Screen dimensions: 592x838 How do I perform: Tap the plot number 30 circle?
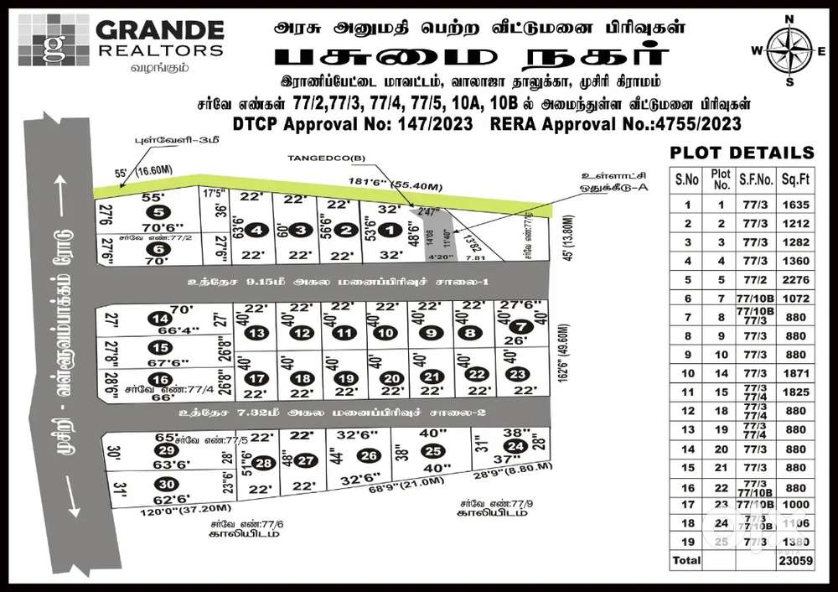point(166,485)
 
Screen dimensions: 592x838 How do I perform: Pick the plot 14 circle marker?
point(158,319)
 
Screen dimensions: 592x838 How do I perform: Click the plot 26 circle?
point(368,456)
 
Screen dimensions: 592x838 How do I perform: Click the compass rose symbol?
point(789,49)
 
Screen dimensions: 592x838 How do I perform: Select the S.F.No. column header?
point(753,179)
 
